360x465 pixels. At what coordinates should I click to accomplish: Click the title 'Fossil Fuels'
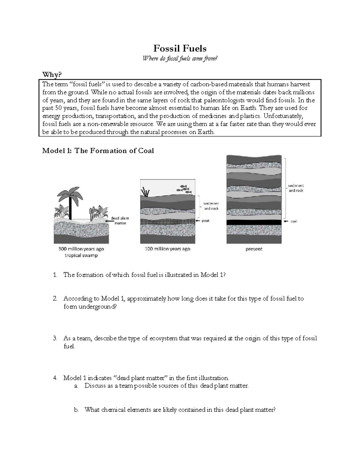click(x=180, y=48)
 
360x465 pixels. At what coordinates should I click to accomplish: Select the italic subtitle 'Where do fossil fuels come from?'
click(x=180, y=59)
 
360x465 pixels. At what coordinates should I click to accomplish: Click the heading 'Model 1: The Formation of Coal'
click(x=98, y=151)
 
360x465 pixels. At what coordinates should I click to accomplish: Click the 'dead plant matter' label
click(x=120, y=221)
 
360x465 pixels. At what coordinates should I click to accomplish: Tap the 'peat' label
click(x=205, y=221)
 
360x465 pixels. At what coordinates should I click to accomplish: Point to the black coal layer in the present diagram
click(x=254, y=222)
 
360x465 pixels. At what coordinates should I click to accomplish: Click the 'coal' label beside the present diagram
click(x=293, y=221)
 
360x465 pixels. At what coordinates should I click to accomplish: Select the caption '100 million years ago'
click(x=167, y=249)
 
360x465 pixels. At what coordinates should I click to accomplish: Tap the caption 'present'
click(x=254, y=249)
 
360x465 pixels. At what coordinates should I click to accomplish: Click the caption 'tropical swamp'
click(x=81, y=255)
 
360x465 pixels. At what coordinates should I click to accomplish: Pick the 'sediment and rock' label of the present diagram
click(x=296, y=188)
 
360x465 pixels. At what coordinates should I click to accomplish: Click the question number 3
click(x=55, y=338)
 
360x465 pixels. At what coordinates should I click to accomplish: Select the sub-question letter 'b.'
click(x=76, y=410)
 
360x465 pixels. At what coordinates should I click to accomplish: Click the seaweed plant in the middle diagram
click(x=146, y=192)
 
